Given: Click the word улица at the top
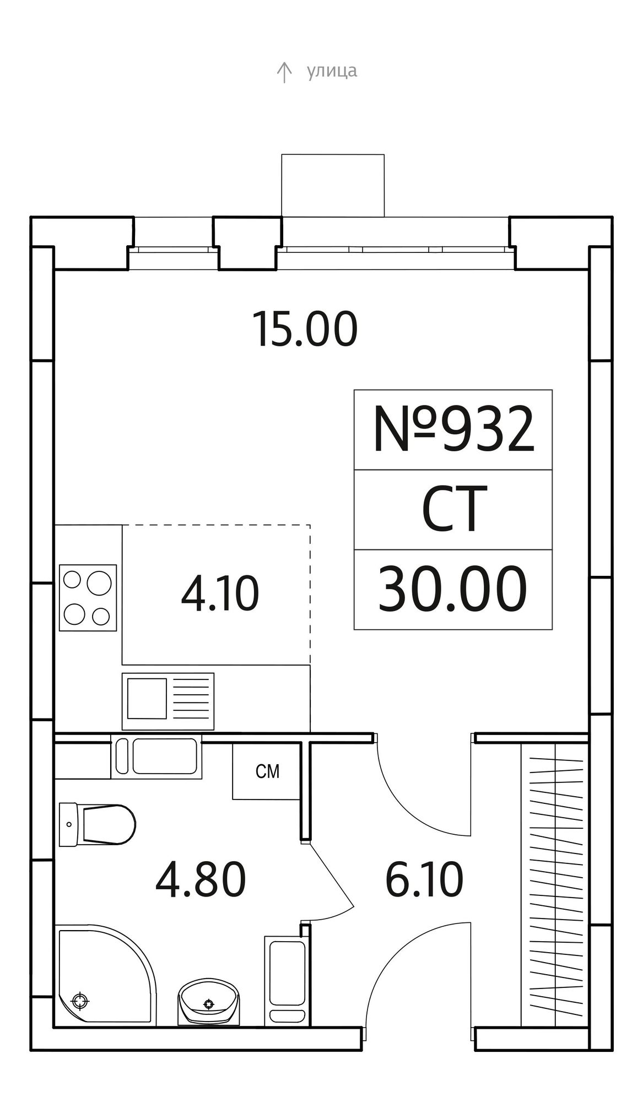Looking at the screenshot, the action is pyautogui.click(x=332, y=71).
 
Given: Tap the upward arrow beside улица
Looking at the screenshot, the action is pyautogui.click(x=284, y=72).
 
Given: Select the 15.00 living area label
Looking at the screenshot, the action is pyautogui.click(x=305, y=329).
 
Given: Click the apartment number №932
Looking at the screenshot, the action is pyautogui.click(x=453, y=430).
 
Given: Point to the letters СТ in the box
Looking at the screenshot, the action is pyautogui.click(x=454, y=509).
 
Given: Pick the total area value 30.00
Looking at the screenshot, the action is pyautogui.click(x=453, y=589).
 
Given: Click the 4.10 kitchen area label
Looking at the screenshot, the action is pyautogui.click(x=220, y=595).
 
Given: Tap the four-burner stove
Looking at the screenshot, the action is pyautogui.click(x=88, y=597).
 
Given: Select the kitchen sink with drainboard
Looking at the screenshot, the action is pyautogui.click(x=168, y=701).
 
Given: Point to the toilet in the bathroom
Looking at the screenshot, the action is pyautogui.click(x=97, y=824).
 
